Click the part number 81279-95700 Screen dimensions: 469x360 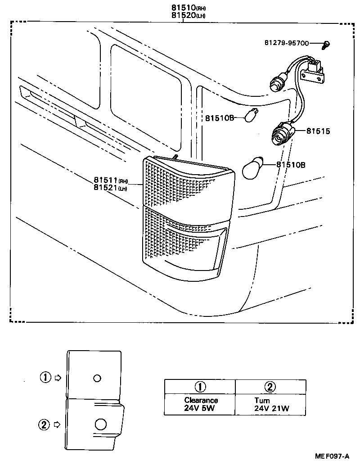click(287, 43)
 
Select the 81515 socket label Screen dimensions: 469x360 click(318, 131)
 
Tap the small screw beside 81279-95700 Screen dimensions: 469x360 click(326, 44)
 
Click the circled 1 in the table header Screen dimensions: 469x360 click(200, 387)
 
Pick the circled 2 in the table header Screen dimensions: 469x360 click(270, 387)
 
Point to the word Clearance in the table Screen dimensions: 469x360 click(201, 400)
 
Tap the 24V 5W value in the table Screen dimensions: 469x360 click(201, 408)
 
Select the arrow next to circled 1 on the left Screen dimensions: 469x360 click(58, 378)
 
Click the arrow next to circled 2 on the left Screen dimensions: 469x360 click(57, 424)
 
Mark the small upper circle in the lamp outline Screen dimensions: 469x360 click(97, 378)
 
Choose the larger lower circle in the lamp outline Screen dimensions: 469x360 click(101, 424)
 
